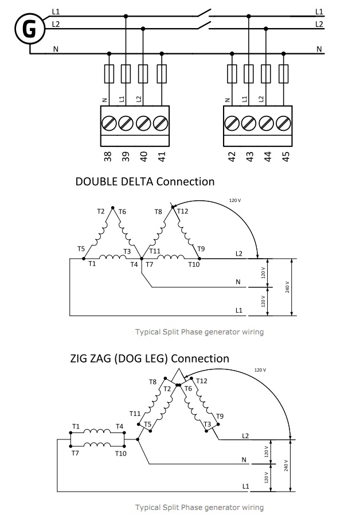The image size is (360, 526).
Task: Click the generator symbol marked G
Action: pos(30,29)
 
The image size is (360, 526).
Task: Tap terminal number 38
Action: pos(108,157)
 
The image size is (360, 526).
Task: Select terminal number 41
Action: pos(162,157)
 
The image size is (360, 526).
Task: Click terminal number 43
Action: pos(249,157)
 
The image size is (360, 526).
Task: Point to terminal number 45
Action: pos(285,157)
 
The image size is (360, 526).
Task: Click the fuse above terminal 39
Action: pos(126,74)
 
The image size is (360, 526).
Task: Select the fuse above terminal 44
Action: pos(266,74)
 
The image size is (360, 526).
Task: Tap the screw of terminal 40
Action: pos(143,123)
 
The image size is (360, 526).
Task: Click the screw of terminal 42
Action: pos(232,123)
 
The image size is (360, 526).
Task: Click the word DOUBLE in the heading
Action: pos(96,181)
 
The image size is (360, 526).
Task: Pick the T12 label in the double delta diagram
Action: pos(183,211)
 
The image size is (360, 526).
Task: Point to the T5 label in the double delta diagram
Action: pos(81,248)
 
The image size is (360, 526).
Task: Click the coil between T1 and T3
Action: pos(112,257)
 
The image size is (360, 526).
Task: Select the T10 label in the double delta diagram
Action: pos(194,264)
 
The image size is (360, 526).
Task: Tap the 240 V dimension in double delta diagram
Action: pos(287,287)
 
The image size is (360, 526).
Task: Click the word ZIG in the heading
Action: pos(80,359)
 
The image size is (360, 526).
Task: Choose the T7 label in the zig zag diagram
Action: pos(75,453)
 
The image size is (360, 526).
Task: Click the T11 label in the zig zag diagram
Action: pos(135,414)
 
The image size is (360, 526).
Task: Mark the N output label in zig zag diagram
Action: pos(244,459)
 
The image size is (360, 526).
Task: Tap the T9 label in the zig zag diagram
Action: pos(220,416)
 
